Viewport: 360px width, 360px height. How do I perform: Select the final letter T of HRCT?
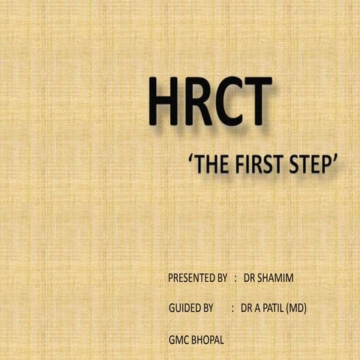[x=254, y=101]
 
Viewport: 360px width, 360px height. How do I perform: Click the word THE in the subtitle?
[x=213, y=165]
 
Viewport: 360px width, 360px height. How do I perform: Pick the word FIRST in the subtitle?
[x=256, y=165]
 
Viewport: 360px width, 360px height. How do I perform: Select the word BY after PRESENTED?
[x=221, y=278]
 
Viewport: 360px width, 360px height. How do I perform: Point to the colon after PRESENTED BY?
[x=235, y=278]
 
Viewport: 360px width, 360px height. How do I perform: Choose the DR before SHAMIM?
[x=250, y=278]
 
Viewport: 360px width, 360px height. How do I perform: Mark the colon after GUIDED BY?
[x=233, y=308]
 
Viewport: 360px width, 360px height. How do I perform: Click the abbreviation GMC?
[x=178, y=339]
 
